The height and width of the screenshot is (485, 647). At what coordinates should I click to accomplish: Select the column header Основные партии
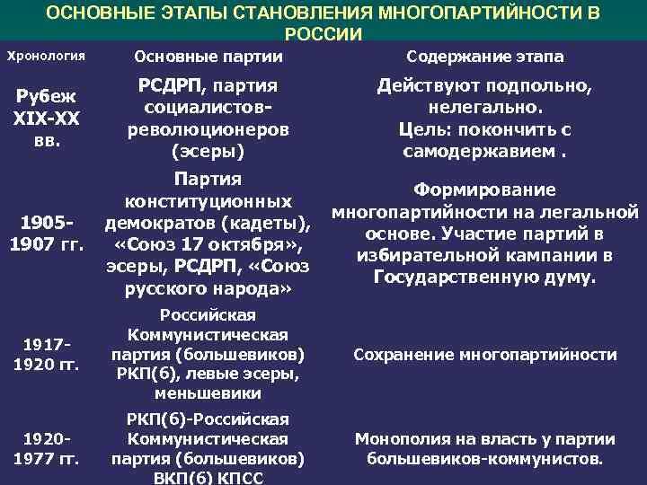208,57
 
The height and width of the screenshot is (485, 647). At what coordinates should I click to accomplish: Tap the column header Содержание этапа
485,57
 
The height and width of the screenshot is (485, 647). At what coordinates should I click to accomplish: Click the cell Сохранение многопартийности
485,355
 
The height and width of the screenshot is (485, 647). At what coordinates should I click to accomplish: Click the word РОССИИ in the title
323,34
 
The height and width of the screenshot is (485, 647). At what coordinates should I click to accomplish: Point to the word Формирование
485,190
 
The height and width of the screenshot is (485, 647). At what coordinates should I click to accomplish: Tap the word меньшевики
208,393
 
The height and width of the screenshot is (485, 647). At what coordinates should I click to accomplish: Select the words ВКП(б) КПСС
208,478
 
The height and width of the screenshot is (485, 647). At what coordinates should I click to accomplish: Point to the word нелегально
485,108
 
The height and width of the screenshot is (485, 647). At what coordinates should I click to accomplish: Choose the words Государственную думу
485,276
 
